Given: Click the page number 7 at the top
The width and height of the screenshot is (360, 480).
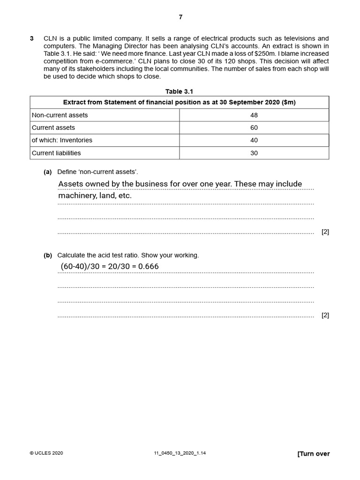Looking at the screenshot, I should (180, 17).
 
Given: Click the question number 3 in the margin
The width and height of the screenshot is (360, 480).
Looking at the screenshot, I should (32, 38).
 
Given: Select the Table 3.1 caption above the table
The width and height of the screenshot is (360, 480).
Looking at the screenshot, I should (180, 91).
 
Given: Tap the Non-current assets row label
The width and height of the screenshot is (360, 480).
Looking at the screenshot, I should (60, 115).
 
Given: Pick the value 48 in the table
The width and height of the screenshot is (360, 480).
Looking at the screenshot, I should (254, 115).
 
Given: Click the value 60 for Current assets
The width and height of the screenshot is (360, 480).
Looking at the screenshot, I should (254, 127).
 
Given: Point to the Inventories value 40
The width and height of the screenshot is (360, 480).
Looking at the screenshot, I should (254, 140).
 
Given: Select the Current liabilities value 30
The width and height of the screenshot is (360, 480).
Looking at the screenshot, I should (254, 153).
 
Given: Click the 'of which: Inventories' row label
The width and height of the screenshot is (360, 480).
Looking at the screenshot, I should (62, 140).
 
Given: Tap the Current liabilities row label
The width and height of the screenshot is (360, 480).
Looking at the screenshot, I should (56, 153).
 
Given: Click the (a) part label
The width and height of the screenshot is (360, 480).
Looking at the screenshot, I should (47, 172).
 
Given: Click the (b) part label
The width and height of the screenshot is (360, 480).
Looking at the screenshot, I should (47, 255).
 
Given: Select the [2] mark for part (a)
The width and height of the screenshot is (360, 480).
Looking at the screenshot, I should (325, 232).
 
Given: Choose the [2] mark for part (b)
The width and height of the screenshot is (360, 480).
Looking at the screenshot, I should (325, 315).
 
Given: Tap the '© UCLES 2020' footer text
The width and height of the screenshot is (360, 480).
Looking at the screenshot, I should (46, 453).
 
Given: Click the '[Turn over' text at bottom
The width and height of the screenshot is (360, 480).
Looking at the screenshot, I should (314, 453).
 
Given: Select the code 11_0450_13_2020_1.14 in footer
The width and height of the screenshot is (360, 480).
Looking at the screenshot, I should (180, 453).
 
